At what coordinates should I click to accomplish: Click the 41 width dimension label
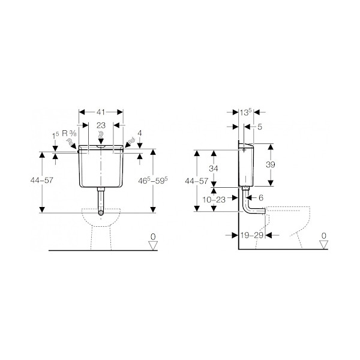pyautogui.click(x=101, y=112)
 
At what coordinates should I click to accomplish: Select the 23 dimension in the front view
pyautogui.click(x=101, y=125)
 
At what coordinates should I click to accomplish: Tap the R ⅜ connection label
pyautogui.click(x=70, y=133)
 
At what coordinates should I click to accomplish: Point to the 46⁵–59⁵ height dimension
pyautogui.click(x=153, y=181)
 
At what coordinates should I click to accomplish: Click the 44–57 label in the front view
pyautogui.click(x=42, y=180)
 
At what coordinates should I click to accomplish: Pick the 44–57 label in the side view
pyautogui.click(x=197, y=181)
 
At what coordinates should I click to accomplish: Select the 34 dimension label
pyautogui.click(x=214, y=169)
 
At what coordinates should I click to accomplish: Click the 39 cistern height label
pyautogui.click(x=271, y=164)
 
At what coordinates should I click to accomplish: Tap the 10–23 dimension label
pyautogui.click(x=214, y=200)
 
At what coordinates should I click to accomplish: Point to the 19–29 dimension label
pyautogui.click(x=252, y=235)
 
